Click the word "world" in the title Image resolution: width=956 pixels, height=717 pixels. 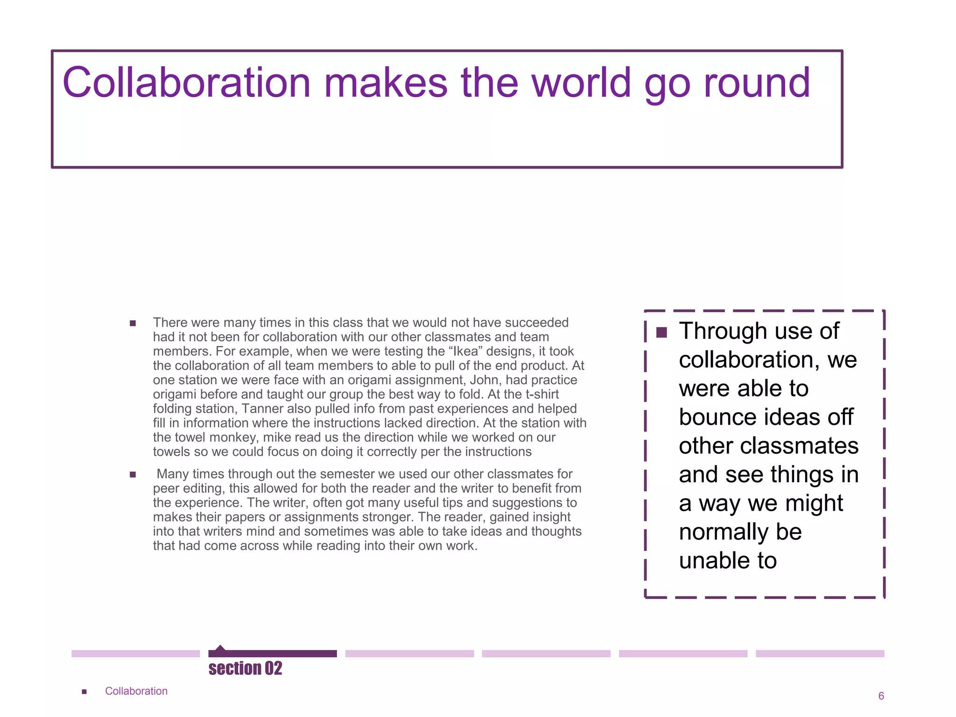click(581, 83)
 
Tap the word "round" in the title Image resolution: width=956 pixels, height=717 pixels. click(757, 83)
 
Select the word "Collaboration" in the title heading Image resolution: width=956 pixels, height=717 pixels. click(186, 83)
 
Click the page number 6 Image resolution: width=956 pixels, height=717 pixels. click(881, 696)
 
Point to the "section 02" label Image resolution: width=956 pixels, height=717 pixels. click(245, 668)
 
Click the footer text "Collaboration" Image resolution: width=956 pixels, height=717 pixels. click(136, 691)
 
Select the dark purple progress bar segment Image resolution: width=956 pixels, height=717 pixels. click(273, 654)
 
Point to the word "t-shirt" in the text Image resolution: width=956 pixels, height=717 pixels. click(542, 394)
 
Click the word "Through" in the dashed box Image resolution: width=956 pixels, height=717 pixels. click(722, 331)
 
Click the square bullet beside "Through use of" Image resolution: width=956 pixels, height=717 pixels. click(661, 332)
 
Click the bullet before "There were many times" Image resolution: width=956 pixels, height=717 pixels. click(133, 323)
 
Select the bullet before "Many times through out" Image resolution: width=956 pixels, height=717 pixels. click(133, 474)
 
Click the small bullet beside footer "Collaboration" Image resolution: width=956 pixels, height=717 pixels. click(84, 691)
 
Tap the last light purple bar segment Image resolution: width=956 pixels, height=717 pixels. click(820, 654)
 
